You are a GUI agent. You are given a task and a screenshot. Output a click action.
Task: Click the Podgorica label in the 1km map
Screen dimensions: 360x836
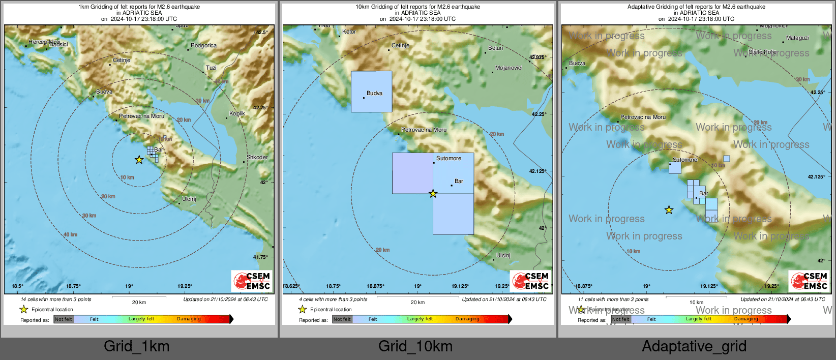click(203, 46)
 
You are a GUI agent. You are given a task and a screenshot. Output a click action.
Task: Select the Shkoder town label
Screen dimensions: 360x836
click(257, 158)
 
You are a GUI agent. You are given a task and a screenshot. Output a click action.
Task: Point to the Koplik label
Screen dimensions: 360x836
click(237, 114)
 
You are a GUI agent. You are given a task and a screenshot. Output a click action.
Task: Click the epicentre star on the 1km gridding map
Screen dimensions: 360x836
click(139, 160)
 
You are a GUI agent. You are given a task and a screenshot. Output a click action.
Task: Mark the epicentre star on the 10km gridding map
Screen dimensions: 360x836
click(433, 194)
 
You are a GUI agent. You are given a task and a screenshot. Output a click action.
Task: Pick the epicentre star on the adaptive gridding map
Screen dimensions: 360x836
click(669, 210)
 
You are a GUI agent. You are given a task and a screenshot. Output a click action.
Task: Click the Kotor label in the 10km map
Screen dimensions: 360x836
click(349, 32)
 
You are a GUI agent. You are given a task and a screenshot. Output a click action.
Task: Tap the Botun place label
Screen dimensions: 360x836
click(495, 48)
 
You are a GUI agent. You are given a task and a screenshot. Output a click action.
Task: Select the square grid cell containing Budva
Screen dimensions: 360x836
click(371, 92)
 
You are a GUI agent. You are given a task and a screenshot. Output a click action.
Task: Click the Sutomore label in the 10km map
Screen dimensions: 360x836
click(449, 159)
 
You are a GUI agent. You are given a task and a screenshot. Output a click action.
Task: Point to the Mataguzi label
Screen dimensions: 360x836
click(797, 38)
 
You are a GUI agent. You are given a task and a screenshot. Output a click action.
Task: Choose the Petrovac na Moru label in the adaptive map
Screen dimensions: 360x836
click(643, 117)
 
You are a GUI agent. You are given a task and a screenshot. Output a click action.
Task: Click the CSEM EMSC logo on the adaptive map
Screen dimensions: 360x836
click(809, 281)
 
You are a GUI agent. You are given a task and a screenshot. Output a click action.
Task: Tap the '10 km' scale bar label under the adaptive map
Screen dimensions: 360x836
click(696, 303)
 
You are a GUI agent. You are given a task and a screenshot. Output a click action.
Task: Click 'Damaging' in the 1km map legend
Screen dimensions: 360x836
click(189, 319)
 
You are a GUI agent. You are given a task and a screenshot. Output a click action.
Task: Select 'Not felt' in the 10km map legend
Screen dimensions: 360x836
click(342, 319)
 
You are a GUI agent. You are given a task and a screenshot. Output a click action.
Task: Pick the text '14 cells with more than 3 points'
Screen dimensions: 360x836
click(56, 299)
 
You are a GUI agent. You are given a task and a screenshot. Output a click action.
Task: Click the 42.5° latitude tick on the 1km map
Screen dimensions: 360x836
click(261, 33)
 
